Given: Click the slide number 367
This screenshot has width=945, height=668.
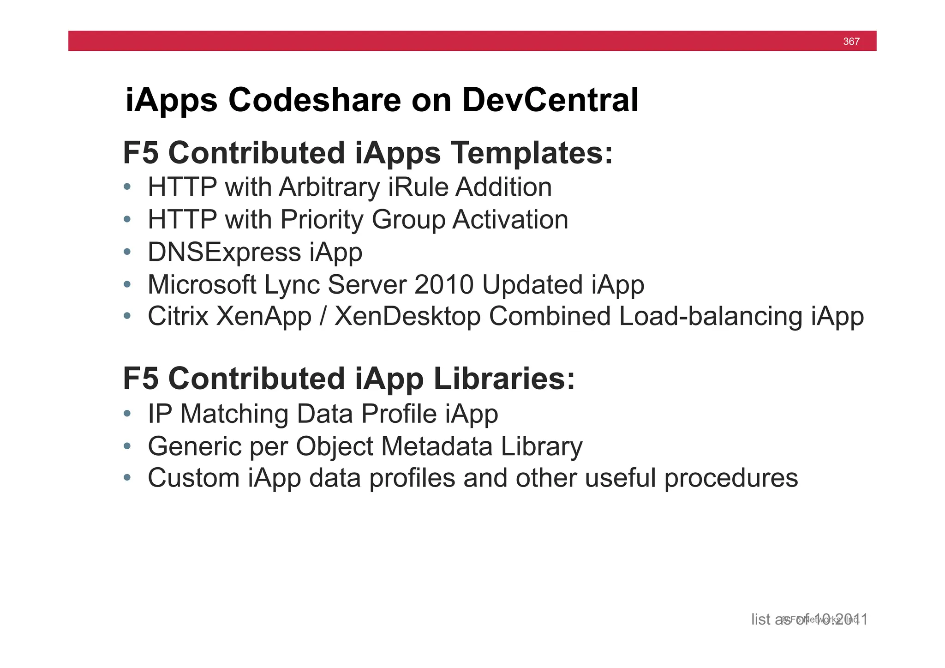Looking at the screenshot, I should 851,42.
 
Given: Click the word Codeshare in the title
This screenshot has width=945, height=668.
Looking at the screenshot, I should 315,100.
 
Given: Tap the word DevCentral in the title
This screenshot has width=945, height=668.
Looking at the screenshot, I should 550,100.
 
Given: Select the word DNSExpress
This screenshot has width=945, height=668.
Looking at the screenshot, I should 224,253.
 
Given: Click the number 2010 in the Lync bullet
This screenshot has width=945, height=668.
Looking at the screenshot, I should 444,285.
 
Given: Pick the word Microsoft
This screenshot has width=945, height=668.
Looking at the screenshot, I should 202,285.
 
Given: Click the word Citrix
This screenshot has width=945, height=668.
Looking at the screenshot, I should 178,317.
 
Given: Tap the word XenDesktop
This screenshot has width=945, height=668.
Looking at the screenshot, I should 407,317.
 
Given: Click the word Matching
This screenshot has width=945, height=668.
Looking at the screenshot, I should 234,414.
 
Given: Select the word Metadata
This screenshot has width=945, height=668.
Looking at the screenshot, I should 437,446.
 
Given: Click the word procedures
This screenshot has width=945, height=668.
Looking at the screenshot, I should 731,478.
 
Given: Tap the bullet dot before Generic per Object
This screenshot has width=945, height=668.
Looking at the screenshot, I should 127,446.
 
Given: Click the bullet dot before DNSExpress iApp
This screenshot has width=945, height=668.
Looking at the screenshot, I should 127,253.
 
